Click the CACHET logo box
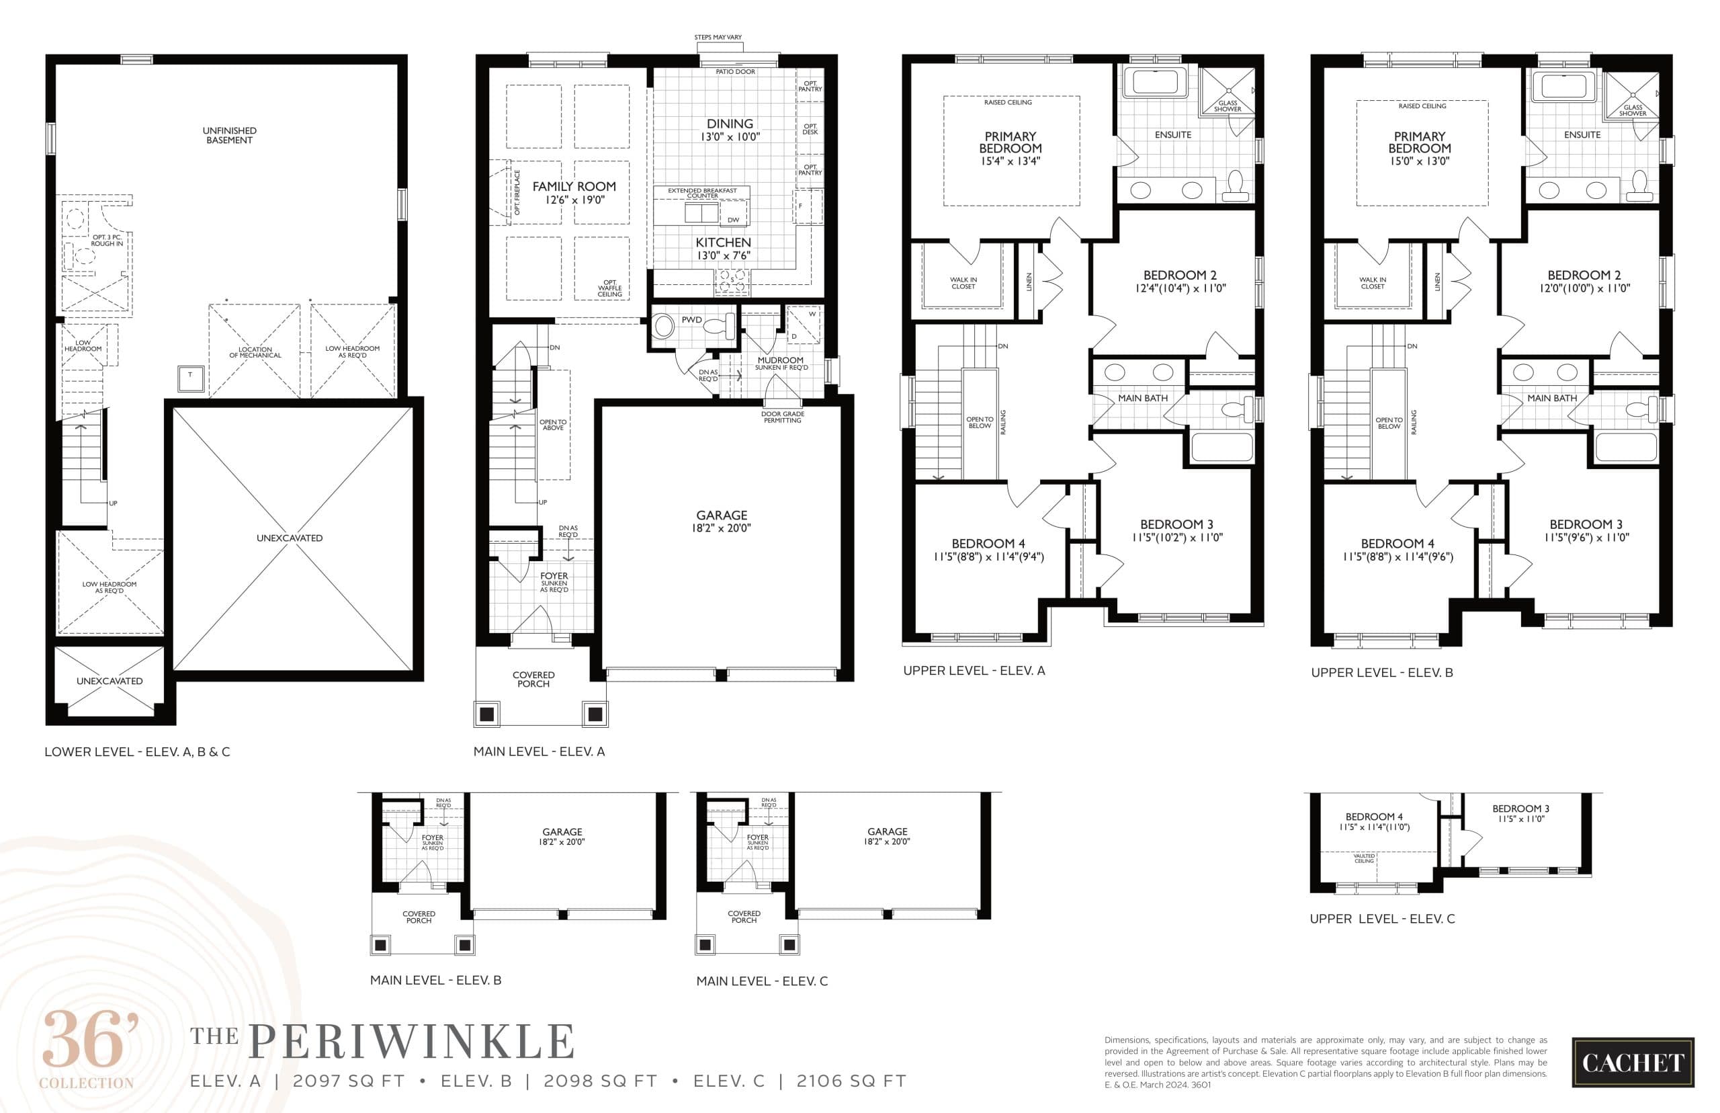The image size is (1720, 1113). (1632, 1063)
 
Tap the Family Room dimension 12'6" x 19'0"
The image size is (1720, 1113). (574, 200)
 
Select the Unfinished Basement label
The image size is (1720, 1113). (229, 135)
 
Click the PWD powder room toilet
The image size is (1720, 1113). (718, 326)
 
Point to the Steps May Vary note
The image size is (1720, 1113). (718, 37)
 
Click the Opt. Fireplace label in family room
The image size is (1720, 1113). (517, 192)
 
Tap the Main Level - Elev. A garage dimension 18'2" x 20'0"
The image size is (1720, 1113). (721, 528)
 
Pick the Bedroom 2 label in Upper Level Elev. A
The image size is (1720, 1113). (1180, 276)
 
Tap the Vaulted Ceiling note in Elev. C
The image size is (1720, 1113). (1364, 858)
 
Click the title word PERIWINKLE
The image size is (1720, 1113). (412, 1042)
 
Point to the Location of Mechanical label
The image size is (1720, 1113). (255, 352)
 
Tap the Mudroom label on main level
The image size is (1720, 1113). (780, 360)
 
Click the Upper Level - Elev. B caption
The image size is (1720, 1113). (1381, 673)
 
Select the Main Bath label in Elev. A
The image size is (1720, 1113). (1142, 399)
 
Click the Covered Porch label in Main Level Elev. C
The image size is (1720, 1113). (743, 917)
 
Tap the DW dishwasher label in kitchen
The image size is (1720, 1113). (733, 220)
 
